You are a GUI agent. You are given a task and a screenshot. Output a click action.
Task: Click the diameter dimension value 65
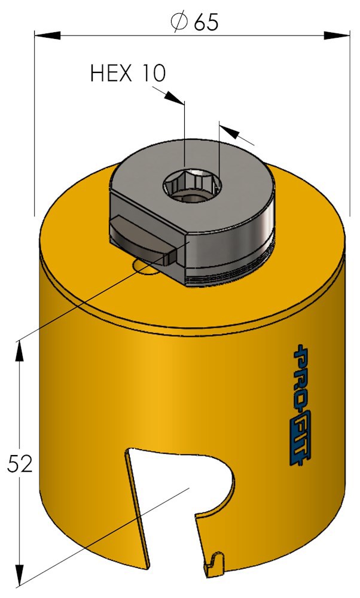(x=206, y=23)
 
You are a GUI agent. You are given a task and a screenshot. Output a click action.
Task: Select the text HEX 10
(x=128, y=73)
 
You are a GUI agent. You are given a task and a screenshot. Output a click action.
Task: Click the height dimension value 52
(x=20, y=464)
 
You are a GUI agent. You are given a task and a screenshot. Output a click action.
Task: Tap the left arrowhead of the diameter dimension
(x=48, y=35)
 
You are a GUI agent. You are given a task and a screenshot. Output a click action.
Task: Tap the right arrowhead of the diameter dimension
(x=337, y=35)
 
